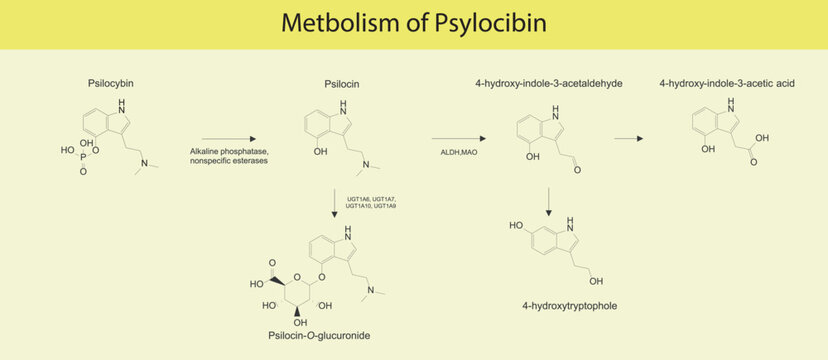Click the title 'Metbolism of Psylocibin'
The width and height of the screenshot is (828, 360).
coord(414,23)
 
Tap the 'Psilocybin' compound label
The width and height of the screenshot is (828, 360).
coord(112,84)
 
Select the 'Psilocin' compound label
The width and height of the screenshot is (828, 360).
coord(342,84)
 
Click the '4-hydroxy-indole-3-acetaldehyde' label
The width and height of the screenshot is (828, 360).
coord(549,84)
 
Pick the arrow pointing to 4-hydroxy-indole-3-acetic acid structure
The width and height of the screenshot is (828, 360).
coord(629,139)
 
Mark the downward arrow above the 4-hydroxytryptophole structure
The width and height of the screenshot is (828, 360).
coord(549,200)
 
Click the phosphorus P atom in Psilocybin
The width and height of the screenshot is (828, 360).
coord(83,157)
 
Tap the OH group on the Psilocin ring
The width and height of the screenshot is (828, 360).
coord(319,153)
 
